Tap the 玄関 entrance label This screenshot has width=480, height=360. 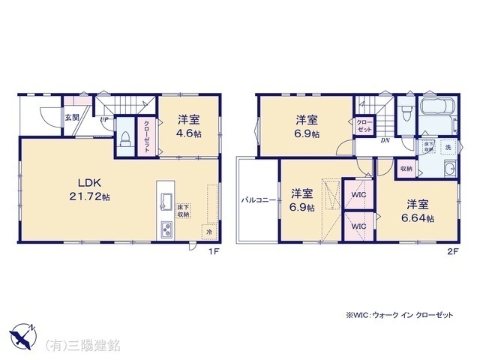[70, 117]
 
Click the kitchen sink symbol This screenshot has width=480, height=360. [166, 202]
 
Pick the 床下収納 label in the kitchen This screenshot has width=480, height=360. [183, 211]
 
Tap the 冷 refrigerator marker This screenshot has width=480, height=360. [209, 232]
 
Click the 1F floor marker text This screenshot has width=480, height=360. [213, 251]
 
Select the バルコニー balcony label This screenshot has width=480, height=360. [256, 200]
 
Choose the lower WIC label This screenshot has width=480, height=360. [358, 226]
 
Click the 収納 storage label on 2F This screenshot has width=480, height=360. [405, 169]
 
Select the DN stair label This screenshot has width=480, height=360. [384, 140]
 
